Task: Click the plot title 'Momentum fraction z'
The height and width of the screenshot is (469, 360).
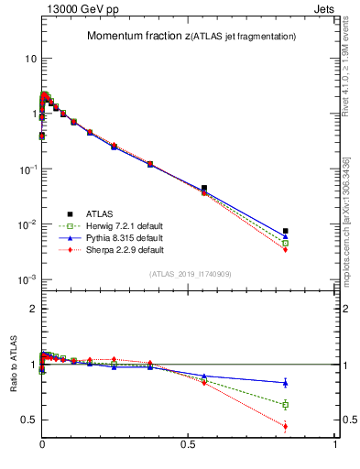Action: click(x=137, y=36)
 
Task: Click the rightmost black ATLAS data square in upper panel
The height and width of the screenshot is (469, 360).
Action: click(x=286, y=231)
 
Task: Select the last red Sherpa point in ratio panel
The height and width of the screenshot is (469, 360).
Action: click(x=286, y=426)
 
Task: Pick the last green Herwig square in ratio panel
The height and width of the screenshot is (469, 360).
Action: click(x=286, y=404)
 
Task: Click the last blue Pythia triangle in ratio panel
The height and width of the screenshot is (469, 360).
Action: click(x=286, y=383)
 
